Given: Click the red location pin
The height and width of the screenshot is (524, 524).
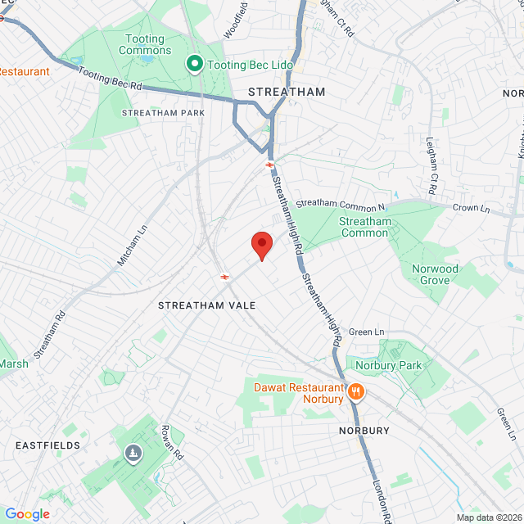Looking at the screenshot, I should [x=261, y=244].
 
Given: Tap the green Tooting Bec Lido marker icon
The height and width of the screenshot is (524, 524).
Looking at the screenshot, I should [x=195, y=63].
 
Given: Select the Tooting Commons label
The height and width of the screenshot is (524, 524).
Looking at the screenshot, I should [x=145, y=44].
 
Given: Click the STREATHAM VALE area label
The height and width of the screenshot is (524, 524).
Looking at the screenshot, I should [x=207, y=305].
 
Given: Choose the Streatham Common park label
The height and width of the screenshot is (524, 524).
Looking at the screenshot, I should [x=366, y=227].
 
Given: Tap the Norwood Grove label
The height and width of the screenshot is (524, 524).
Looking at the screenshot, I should [x=435, y=274].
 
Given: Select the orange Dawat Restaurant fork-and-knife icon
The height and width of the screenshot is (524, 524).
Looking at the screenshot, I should [x=355, y=392].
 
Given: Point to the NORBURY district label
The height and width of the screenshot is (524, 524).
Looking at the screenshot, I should [x=364, y=430].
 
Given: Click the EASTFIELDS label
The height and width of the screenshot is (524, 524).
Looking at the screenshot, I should [x=47, y=445].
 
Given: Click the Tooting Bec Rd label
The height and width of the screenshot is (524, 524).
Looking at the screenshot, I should [x=111, y=79].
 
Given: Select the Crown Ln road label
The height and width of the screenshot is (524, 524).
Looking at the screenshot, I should [x=471, y=209].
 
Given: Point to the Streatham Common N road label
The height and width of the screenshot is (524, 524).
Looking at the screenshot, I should [x=340, y=201].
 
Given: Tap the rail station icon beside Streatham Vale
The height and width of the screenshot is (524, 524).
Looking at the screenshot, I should [x=224, y=277].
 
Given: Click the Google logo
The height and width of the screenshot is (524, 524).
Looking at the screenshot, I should [x=27, y=513].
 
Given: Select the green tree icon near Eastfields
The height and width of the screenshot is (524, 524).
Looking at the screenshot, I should [x=133, y=453].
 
